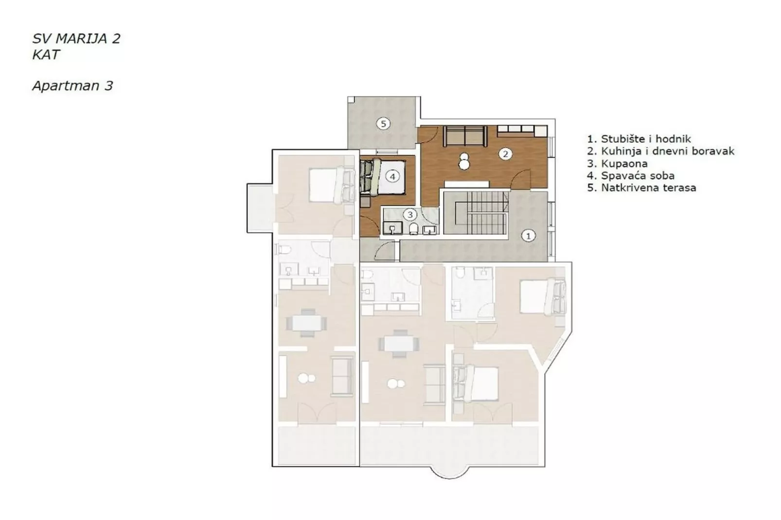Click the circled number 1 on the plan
(x=528, y=236)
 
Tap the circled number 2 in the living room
(x=505, y=154)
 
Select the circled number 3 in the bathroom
(x=410, y=214)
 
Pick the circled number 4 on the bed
(x=392, y=176)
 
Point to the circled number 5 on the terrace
(x=383, y=124)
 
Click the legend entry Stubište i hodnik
(x=639, y=139)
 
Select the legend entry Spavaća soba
(x=631, y=175)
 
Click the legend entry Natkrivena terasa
(x=641, y=188)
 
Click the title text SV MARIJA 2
(x=76, y=39)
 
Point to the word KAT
(x=46, y=55)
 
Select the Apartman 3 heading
(x=72, y=86)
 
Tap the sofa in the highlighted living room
(x=465, y=136)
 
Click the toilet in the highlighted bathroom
(x=414, y=228)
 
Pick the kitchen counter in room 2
(x=522, y=130)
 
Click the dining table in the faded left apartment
(x=306, y=322)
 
